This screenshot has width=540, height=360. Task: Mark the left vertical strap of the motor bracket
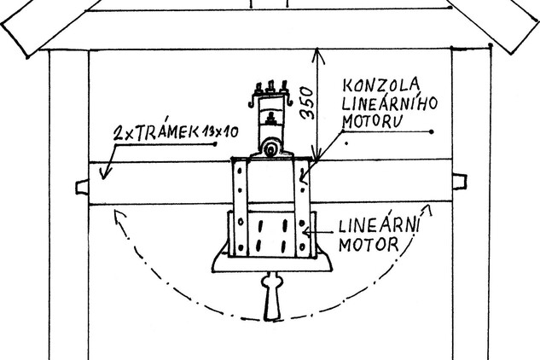pos(242,205)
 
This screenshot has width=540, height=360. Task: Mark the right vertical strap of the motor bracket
pos(304,205)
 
